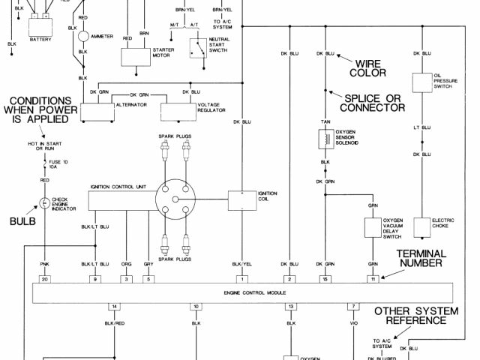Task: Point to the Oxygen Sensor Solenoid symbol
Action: tap(325, 139)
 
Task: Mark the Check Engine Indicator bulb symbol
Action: tap(44, 203)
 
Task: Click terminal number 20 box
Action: tap(44, 279)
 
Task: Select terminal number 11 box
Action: tap(372, 279)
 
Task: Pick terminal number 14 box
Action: tap(114, 307)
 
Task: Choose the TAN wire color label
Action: tap(325, 121)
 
